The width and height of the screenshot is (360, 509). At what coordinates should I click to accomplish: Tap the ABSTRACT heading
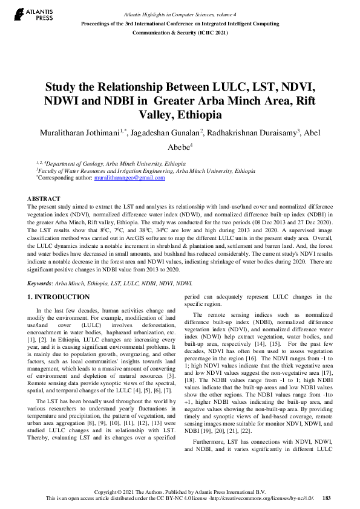pos(44,199)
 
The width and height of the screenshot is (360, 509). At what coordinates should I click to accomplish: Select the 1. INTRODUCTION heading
pos(59,297)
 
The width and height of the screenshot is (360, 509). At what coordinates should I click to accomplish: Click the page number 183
pos(327,498)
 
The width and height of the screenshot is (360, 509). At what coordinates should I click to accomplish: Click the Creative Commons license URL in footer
pos(261,498)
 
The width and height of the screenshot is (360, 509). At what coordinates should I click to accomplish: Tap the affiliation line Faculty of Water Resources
pos(145,171)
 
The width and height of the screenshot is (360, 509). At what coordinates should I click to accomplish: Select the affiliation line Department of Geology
pos(115,164)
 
